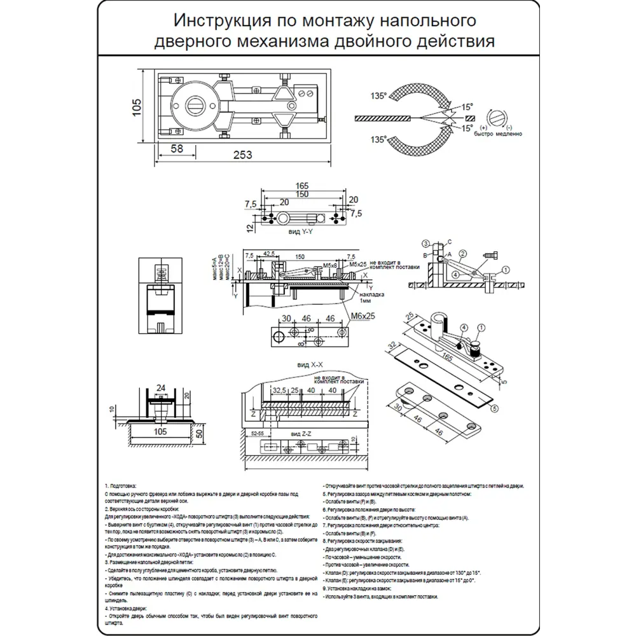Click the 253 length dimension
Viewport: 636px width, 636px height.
242,155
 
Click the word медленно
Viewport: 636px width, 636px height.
507,134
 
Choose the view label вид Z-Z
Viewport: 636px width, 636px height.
300,432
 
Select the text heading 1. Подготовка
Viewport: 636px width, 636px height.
120,486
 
